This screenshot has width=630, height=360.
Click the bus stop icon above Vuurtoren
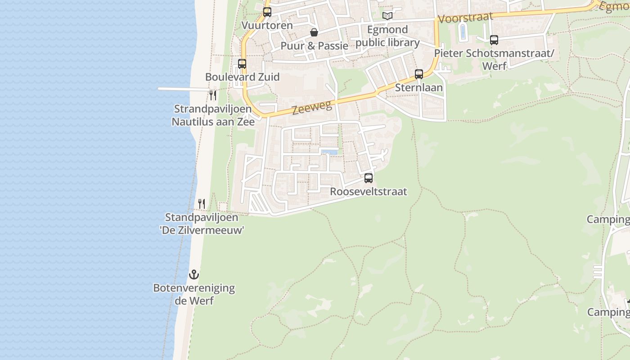[x=267, y=12]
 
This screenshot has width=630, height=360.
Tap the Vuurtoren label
[x=267, y=25]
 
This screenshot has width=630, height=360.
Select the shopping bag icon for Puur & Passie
[x=314, y=32]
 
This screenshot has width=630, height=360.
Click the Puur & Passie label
[x=315, y=45]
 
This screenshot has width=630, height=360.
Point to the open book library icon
[x=387, y=16]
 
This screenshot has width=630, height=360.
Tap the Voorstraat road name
[x=465, y=18]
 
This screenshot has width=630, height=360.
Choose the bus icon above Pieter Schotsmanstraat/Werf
[x=494, y=40]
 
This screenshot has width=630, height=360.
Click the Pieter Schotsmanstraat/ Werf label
[x=494, y=59]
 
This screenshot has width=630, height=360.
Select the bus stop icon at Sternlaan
[x=419, y=74]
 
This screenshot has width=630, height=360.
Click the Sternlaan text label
[x=419, y=87]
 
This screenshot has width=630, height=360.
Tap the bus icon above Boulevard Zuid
[x=242, y=64]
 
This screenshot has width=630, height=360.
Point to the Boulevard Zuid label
[x=243, y=77]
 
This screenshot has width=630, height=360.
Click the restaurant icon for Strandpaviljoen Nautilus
[x=213, y=95]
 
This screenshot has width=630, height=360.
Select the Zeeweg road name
[x=312, y=107]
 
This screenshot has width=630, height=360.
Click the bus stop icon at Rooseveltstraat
[x=369, y=178]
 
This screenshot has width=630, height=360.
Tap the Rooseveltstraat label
[x=369, y=191]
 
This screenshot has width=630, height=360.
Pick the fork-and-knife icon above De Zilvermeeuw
[x=202, y=204]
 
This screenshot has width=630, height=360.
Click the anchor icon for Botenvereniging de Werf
[x=194, y=274]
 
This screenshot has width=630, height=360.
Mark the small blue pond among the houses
[x=330, y=152]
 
